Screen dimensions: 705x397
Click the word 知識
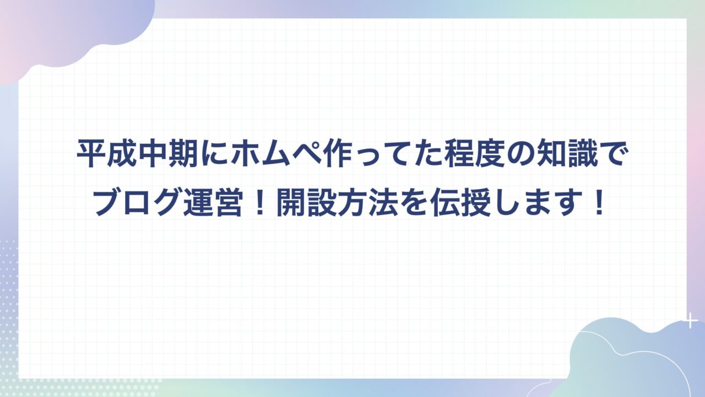click(x=568, y=155)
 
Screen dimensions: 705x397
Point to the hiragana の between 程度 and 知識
click(x=522, y=156)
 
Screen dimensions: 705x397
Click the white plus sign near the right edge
click(x=690, y=321)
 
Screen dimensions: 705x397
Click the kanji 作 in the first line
click(x=337, y=155)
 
